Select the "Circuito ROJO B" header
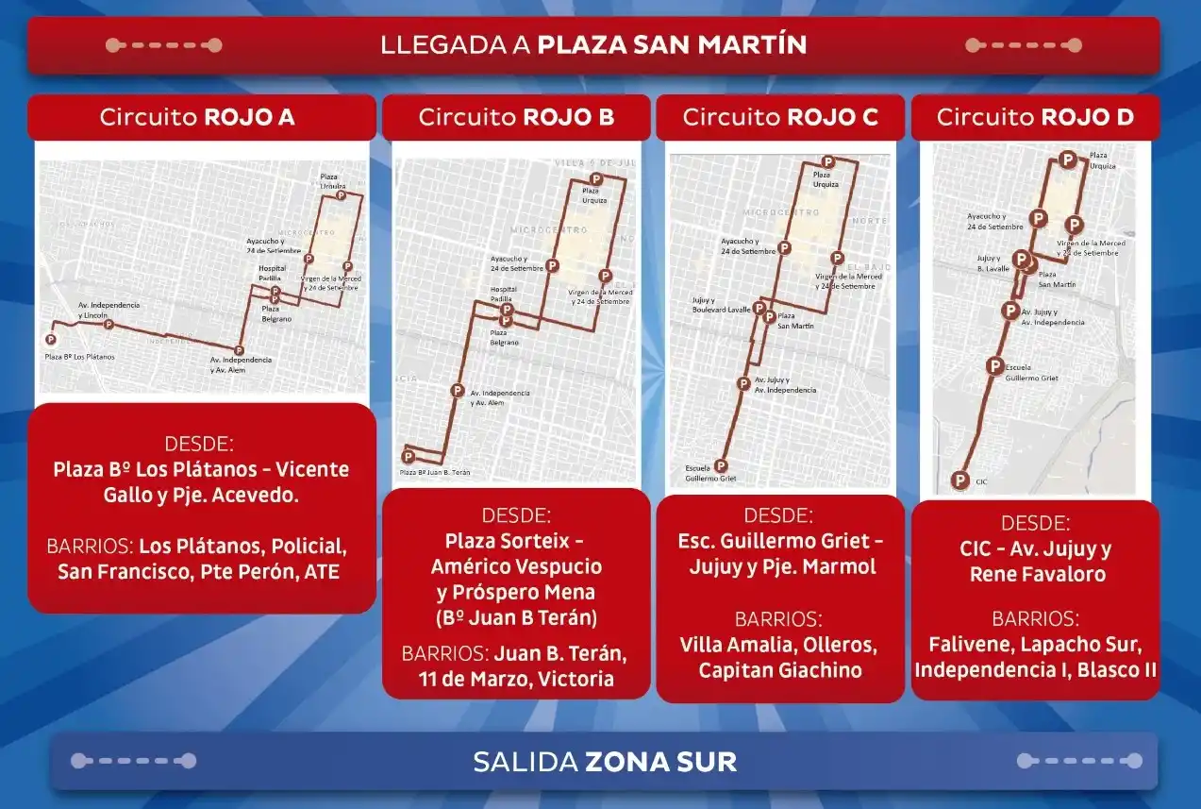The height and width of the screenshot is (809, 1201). coord(516,117)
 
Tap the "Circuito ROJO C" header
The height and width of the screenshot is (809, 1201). coord(780,117)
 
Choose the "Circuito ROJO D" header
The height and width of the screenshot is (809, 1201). coord(1035,117)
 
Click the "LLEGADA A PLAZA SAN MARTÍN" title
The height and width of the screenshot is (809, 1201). coord(593,44)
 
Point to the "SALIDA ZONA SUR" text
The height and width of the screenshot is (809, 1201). coord(605,761)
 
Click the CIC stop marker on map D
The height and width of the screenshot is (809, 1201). coord(960,480)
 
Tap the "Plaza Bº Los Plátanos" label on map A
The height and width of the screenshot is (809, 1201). coord(80,357)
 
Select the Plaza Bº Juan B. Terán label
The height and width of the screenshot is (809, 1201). coord(435,472)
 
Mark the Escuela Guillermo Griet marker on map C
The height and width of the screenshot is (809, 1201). coord(721,465)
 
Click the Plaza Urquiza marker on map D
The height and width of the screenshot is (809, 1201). coord(1068,160)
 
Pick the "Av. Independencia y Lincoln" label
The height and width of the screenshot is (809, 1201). coord(108,310)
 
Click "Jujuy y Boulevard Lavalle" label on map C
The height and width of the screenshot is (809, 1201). coord(721,305)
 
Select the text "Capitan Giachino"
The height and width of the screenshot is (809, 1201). coord(780,670)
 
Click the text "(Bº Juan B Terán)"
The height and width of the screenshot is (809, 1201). coord(516,618)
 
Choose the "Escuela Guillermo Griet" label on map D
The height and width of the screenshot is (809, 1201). coord(1031,373)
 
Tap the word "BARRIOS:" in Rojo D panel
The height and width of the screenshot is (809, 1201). coord(1035,619)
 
